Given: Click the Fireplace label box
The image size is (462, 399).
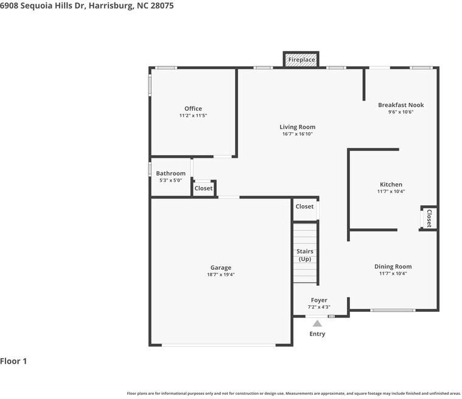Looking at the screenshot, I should click(301, 60).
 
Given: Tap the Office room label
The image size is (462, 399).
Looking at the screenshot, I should click(193, 109).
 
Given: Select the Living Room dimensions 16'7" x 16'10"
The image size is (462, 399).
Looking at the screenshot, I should click(297, 134).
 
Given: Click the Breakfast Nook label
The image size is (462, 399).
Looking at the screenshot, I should click(401, 105).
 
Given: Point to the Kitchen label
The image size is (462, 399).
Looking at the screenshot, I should click(391, 185).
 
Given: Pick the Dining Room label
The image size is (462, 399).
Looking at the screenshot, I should click(393, 267).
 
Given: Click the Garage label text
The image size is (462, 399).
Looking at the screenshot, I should click(220, 268).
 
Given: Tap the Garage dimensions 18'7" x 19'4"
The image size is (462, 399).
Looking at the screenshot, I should click(220, 275).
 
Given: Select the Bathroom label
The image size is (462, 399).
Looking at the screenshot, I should click(170, 174).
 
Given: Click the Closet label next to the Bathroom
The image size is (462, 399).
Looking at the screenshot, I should click(203, 188).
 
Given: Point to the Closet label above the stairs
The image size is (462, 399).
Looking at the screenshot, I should click(304, 207).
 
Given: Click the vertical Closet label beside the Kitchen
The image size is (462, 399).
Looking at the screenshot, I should click(429, 218).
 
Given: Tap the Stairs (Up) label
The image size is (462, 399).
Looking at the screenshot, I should click(304, 255).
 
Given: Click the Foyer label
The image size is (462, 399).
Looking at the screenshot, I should click(319, 300).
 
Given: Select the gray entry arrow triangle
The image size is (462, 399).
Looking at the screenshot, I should click(317, 323).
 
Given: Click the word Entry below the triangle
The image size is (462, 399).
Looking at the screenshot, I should click(317, 334).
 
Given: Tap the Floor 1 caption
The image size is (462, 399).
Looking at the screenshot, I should click(13, 361).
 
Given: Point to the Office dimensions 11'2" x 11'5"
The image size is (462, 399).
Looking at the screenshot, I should click(193, 116).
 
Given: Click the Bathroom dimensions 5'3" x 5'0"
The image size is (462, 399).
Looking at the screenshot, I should click(170, 180).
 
